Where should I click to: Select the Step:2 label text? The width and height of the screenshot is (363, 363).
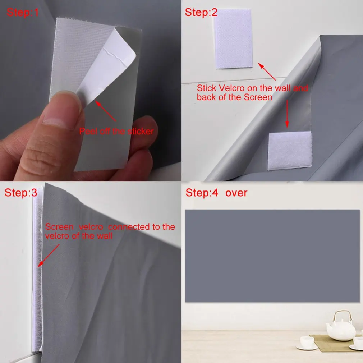pos(201,13)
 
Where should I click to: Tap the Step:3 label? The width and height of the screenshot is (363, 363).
pos(20,193)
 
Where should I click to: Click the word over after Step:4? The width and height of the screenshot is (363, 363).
pos(236,193)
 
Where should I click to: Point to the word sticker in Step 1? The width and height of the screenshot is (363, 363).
pos(140,132)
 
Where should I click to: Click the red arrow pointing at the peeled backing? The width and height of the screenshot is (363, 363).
pos(106,111)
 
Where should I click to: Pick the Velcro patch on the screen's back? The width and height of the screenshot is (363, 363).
pos(290,150)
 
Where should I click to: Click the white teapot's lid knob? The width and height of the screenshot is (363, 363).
pos(340,314)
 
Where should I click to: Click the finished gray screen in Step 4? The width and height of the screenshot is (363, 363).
pos(272,256)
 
